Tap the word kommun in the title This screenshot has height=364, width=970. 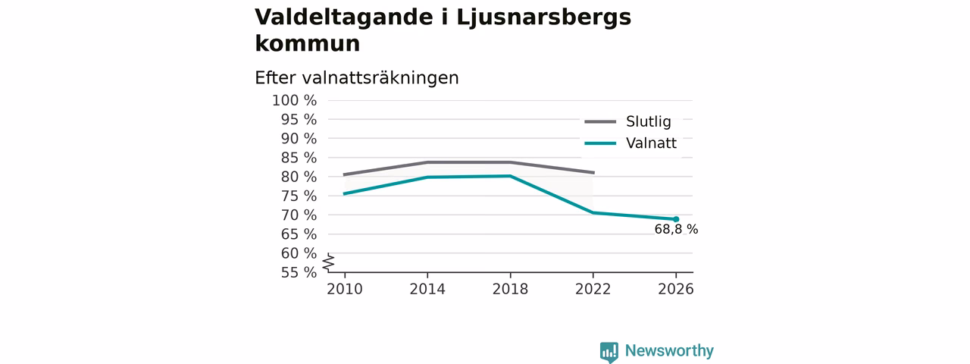tap(308, 43)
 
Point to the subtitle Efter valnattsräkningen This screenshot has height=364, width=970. tap(356, 78)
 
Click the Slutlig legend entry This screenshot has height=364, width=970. tap(628, 121)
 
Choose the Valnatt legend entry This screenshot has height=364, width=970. tap(630, 143)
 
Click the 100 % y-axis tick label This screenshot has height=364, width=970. tap(295, 101)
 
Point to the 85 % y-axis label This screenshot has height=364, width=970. tap(299, 158)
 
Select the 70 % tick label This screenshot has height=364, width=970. tap(299, 215)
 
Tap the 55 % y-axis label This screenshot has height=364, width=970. tap(299, 272)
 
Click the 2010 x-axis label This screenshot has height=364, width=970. tap(345, 289)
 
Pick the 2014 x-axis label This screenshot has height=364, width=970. tap(427, 289)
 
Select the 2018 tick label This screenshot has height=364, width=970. tap(510, 289)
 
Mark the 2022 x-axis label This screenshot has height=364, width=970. tap(593, 289)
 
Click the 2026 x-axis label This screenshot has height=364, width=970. tap(675, 289)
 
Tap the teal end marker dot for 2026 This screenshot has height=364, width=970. tap(676, 219)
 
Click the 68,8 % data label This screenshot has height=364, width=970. tap(676, 229)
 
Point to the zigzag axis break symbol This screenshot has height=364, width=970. tap(329, 262)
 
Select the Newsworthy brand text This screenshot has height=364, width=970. tap(669, 350)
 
